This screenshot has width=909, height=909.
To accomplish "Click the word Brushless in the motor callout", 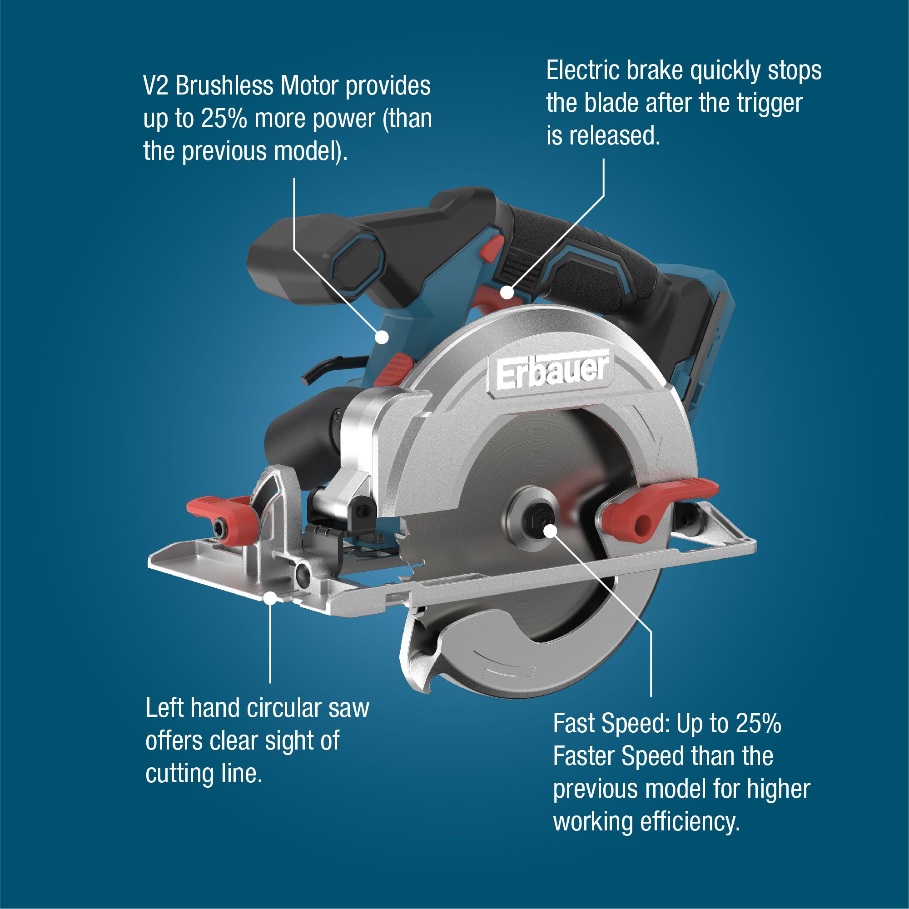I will [224, 86].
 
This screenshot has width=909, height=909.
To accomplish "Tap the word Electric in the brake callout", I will [582, 71].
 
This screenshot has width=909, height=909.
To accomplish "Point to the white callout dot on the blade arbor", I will [551, 530].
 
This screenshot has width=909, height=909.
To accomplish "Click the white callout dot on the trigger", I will [506, 292].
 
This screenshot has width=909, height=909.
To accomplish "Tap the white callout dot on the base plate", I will [270, 598].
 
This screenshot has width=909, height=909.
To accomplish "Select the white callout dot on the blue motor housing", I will [382, 337].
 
